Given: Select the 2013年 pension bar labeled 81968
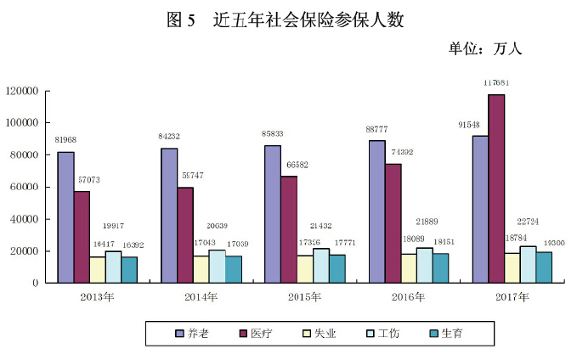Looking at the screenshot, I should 65,217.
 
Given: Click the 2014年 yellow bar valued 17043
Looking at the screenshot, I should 201,268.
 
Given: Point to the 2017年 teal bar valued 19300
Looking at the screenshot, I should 544,267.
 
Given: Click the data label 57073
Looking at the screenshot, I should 88,181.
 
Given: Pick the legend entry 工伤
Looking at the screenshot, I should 387,334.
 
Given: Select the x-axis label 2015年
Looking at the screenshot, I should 303,297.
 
